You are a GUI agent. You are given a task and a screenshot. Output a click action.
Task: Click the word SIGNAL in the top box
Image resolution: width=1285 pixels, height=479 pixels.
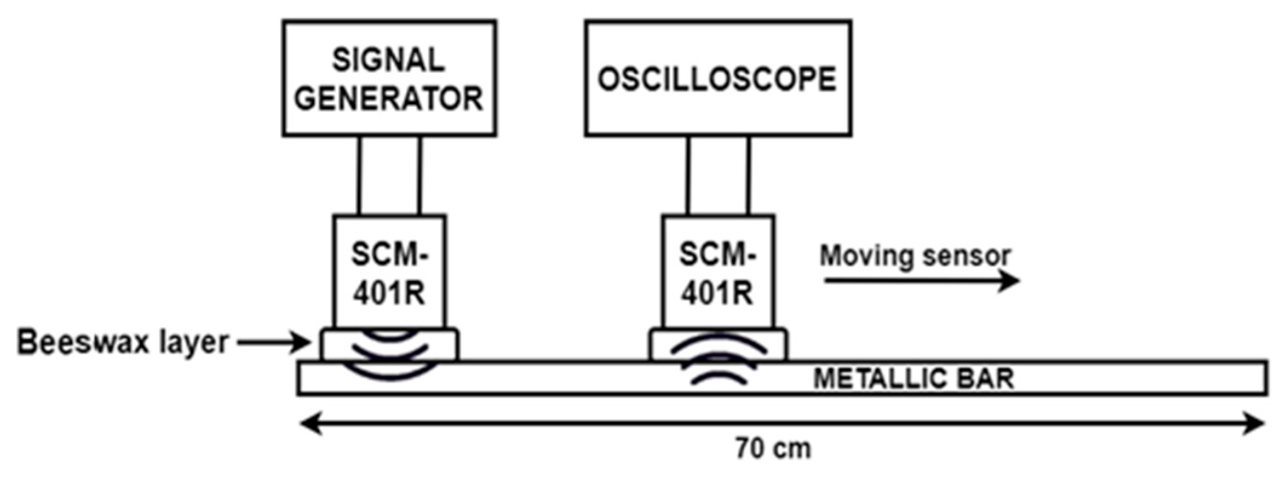(x=388, y=60)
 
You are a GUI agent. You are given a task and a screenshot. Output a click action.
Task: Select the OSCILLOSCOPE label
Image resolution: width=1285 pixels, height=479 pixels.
(x=717, y=79)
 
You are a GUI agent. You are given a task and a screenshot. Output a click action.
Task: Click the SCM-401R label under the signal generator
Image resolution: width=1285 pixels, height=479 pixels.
(x=389, y=274)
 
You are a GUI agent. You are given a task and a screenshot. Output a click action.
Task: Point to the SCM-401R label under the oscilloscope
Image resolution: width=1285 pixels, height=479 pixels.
(x=717, y=274)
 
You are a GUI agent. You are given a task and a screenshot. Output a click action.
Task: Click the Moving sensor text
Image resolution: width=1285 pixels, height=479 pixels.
(x=915, y=256)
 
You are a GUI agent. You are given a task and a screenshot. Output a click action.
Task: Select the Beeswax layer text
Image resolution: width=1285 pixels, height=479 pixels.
(x=123, y=343)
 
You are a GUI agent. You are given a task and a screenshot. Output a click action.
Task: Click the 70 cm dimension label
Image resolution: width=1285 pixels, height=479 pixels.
(x=773, y=449)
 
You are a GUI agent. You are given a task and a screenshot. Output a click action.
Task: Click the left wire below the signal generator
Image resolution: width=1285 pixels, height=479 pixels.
(x=359, y=175)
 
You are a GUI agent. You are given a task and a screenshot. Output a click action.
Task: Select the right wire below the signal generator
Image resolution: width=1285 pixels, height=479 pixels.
(x=419, y=175)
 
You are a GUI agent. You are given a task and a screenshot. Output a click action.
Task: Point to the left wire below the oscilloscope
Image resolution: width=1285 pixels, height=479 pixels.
(x=688, y=175)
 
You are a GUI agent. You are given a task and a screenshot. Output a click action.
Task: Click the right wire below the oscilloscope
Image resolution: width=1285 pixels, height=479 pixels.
(x=748, y=175)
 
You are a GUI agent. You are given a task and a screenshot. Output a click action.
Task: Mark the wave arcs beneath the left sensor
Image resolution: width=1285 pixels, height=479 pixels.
(x=390, y=357)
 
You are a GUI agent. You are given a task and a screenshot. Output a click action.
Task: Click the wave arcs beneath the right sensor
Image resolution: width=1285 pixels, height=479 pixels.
(x=718, y=360)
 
